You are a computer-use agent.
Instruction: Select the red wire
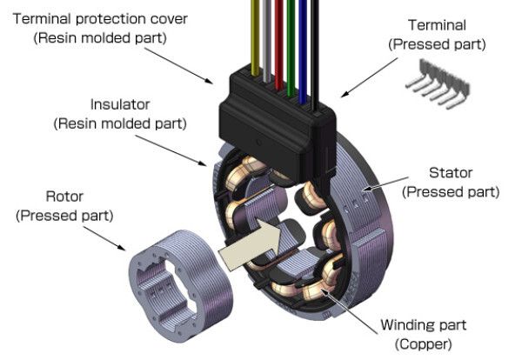(278, 35)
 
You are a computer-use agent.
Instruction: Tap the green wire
(290, 35)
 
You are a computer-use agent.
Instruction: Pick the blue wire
(302, 35)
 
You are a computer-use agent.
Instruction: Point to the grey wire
(265, 35)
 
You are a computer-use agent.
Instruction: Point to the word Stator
(452, 171)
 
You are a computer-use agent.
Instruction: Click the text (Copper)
(423, 344)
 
